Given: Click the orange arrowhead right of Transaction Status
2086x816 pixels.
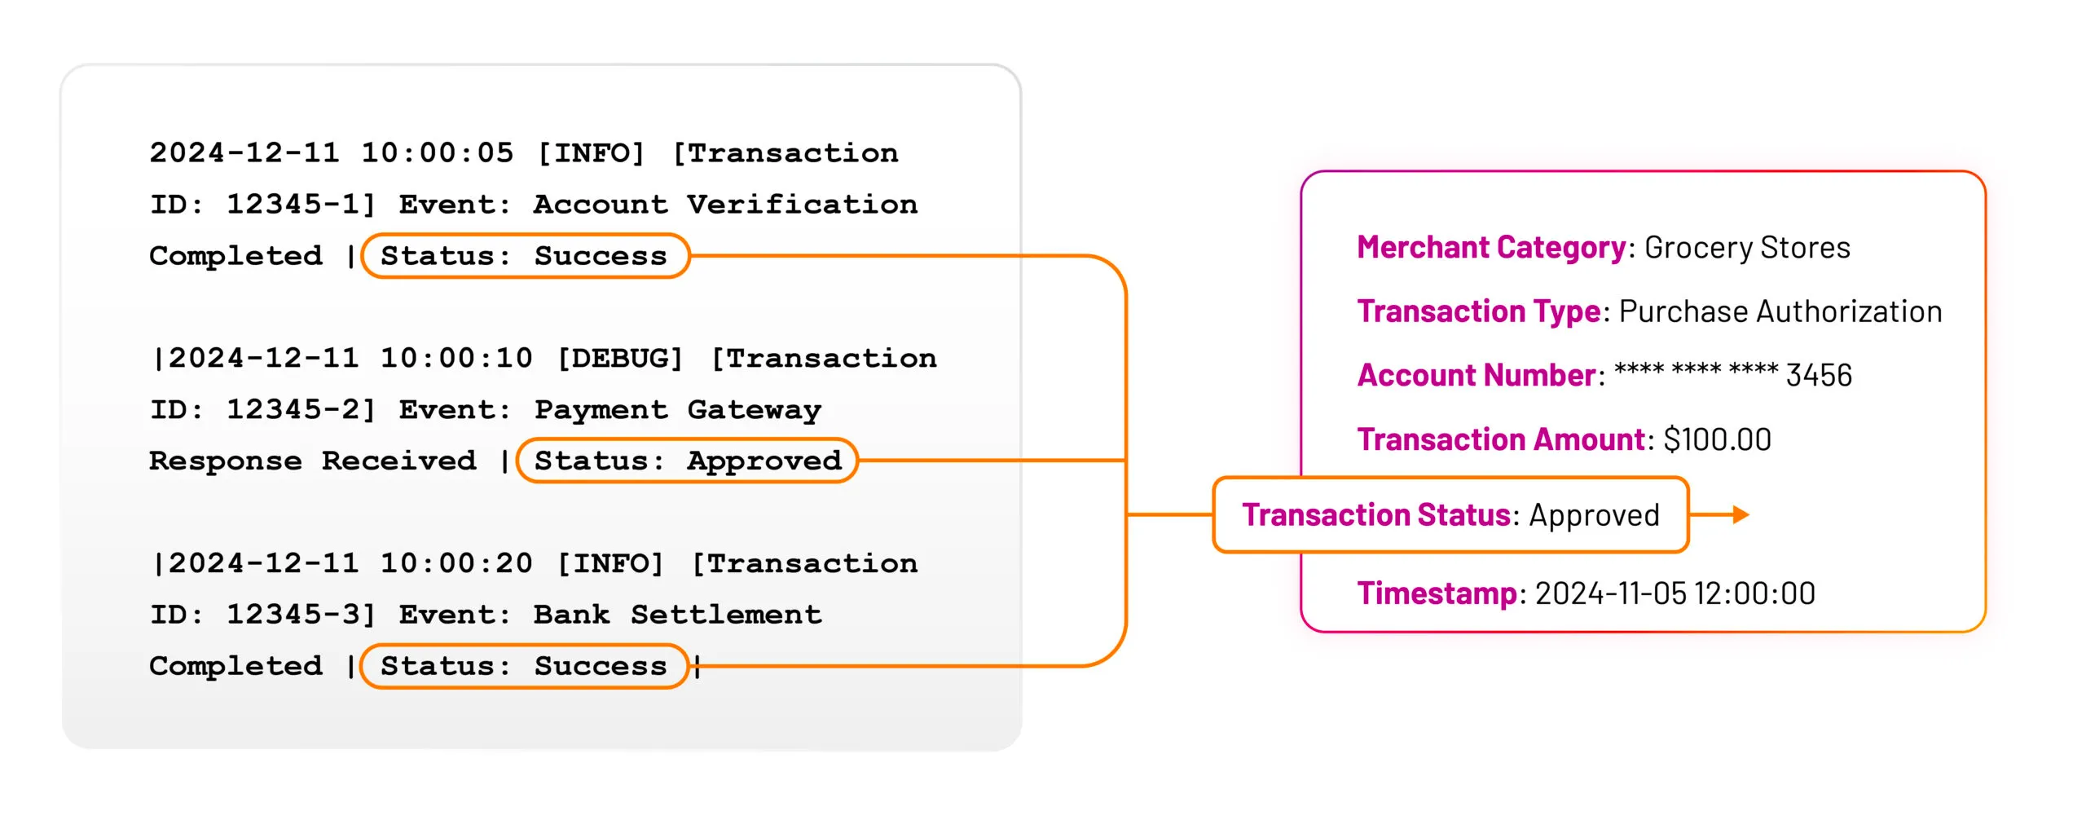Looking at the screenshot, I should point(1741,514).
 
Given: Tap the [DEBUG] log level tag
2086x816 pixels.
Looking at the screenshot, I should point(619,358).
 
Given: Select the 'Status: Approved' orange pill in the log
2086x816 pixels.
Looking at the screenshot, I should point(687,461).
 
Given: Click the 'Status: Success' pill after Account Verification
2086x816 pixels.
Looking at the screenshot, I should point(525,256).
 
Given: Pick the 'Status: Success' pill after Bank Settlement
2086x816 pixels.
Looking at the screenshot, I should point(525,666).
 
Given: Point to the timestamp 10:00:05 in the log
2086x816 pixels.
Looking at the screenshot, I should point(438,152).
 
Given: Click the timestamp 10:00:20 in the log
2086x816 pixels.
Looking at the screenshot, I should point(456,563).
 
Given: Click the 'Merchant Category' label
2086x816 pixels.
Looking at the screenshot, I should point(1491,247).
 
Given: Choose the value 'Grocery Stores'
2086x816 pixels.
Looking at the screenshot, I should point(1747,247).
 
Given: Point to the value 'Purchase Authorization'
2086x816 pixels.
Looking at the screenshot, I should point(1780,311).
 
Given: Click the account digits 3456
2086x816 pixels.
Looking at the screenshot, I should point(1819,375).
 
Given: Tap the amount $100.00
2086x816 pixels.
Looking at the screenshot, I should point(1717,439).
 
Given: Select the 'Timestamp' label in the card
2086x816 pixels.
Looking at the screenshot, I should point(1437,593).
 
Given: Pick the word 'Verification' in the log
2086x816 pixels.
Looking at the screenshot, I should point(802,205).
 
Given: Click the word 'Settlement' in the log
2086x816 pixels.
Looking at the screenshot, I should point(726,615).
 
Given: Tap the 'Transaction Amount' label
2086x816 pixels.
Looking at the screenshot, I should point(1501,439).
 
